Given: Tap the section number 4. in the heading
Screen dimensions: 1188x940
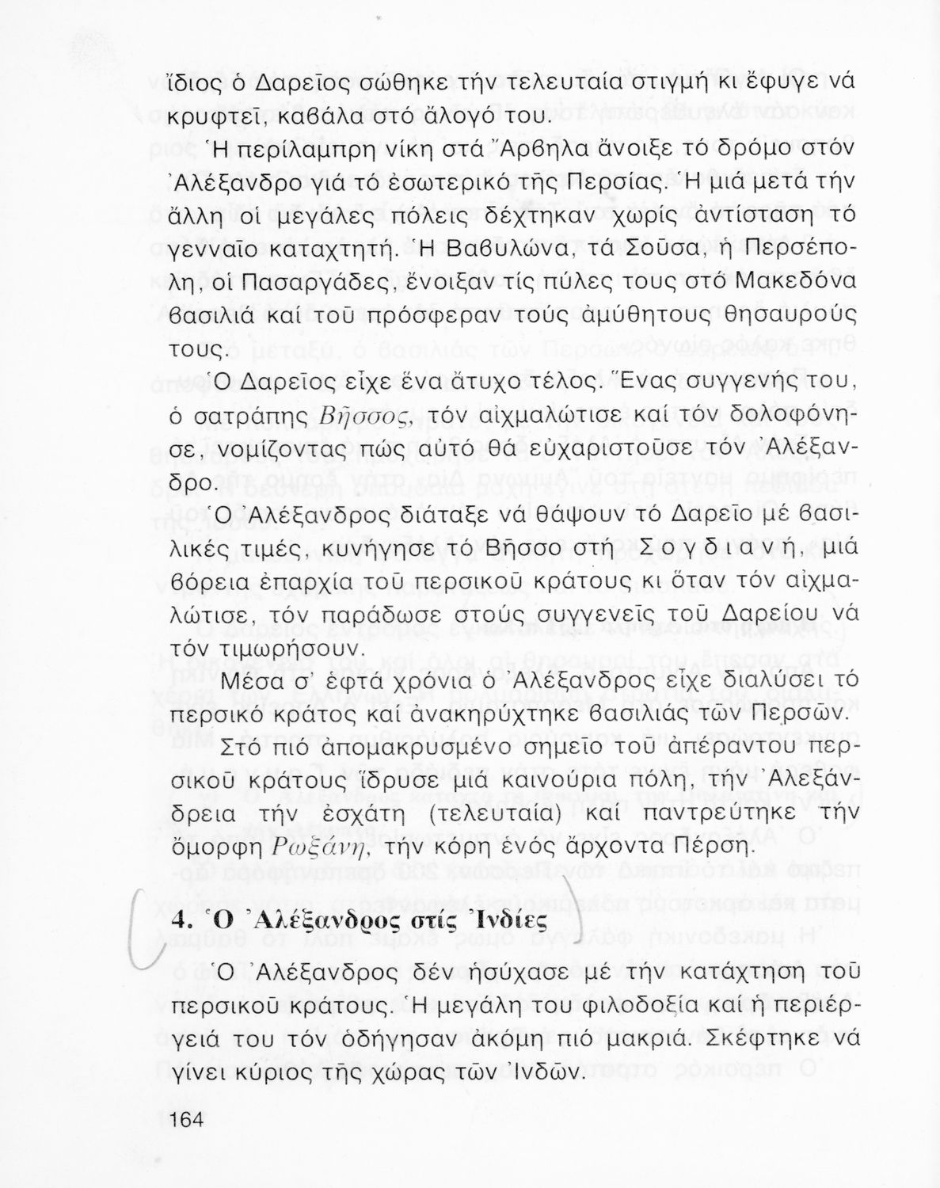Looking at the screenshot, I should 182,923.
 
